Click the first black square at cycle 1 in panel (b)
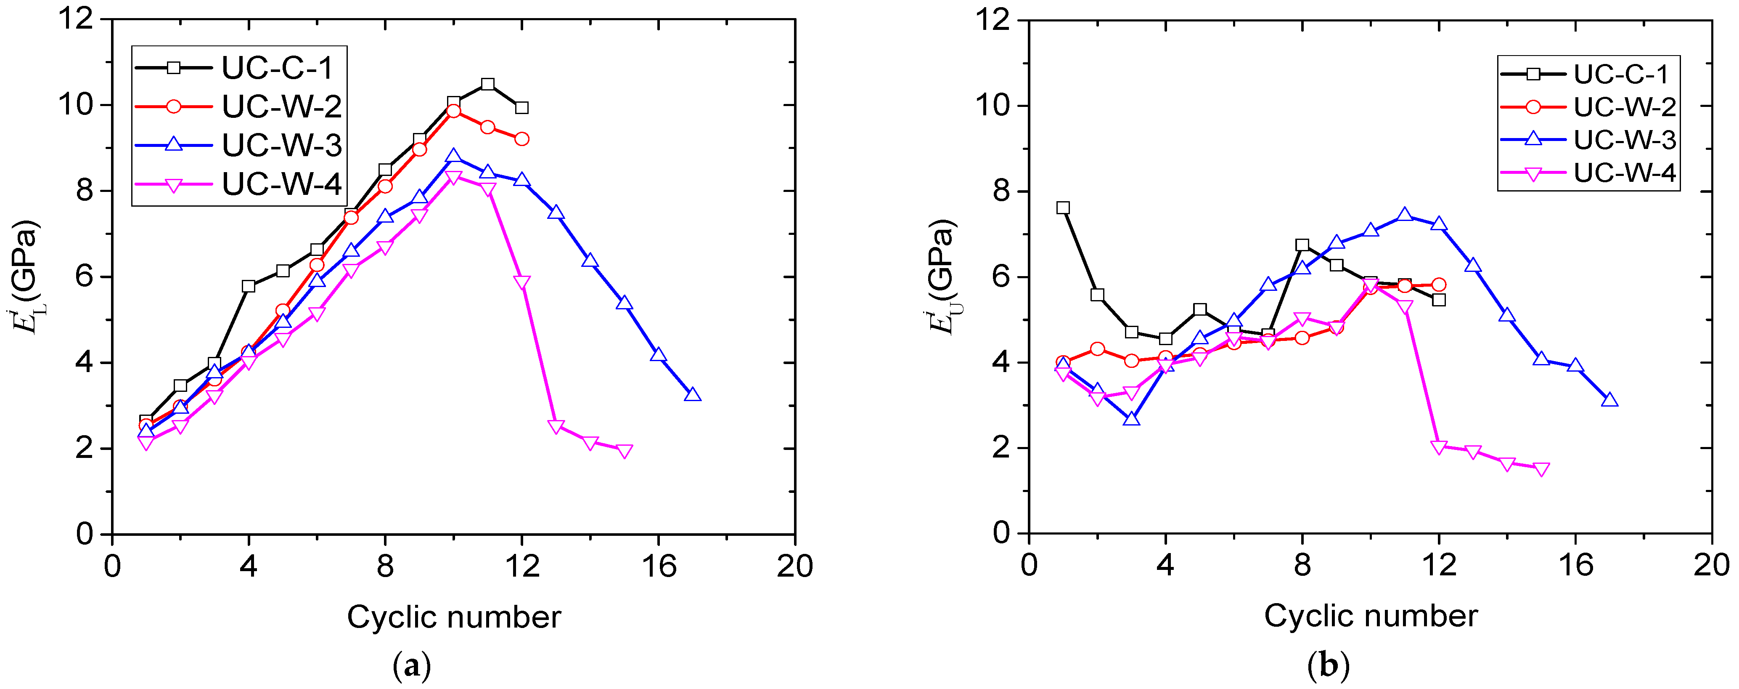1063,208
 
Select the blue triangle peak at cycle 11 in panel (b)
1405,215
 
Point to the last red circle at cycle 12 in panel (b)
1439,285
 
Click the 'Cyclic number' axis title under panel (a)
454,617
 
